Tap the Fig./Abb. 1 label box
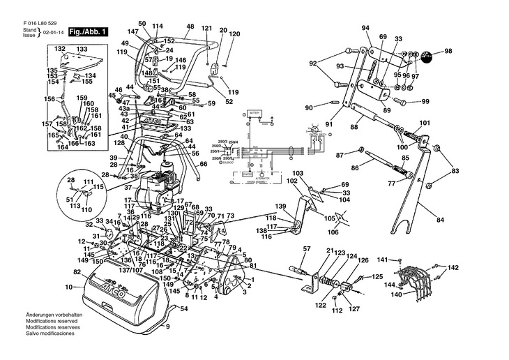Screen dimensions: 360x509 click(88, 32)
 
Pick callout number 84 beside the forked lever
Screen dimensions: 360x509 click(439, 220)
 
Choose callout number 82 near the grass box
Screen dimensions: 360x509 click(77, 271)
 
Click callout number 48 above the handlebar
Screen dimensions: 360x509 click(190, 27)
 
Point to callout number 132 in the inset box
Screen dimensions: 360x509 click(60, 49)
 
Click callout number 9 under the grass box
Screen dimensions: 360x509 click(167, 324)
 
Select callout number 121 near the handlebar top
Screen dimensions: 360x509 click(206, 27)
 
